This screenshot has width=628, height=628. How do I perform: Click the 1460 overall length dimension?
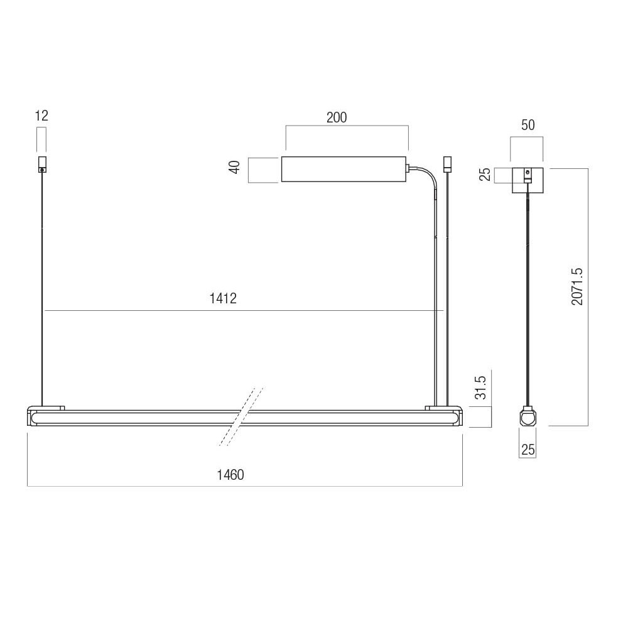click(x=230, y=475)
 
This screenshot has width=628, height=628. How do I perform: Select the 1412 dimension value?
click(x=223, y=298)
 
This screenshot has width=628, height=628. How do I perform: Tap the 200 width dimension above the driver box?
click(x=337, y=118)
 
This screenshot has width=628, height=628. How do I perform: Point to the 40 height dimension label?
click(x=235, y=167)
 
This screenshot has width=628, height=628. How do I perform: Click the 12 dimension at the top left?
click(x=41, y=116)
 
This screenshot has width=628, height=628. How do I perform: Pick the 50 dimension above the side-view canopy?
click(x=528, y=125)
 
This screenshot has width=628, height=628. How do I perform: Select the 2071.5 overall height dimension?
click(x=577, y=287)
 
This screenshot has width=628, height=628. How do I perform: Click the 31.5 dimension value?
click(x=480, y=387)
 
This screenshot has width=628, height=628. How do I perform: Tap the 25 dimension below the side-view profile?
click(x=528, y=450)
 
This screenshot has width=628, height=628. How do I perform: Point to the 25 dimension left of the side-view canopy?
click(x=485, y=175)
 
